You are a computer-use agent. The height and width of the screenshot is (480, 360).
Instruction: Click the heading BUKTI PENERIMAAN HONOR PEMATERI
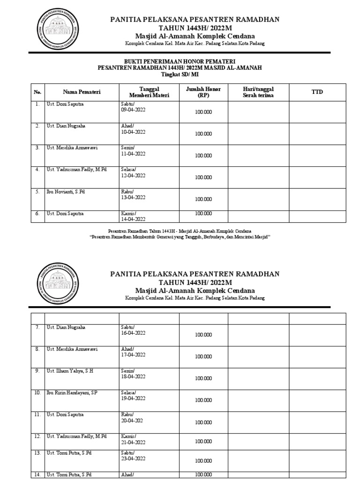click(x=180, y=61)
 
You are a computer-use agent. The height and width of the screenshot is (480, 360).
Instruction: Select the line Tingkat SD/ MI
click(x=180, y=74)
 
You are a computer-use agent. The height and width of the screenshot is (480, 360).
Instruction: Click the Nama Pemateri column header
click(x=82, y=92)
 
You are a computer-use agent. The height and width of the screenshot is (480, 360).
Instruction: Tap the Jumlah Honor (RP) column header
click(x=203, y=92)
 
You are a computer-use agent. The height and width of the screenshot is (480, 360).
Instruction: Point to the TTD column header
click(x=317, y=92)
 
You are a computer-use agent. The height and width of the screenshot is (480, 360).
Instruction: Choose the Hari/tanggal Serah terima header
click(x=258, y=92)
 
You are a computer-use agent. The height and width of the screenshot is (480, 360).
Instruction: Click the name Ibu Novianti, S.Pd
click(x=65, y=192)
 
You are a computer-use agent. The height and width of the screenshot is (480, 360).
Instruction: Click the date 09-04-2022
click(x=133, y=111)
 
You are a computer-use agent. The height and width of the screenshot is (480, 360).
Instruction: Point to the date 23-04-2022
click(x=133, y=460)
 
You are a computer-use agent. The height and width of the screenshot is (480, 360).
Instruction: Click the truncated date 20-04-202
click(x=132, y=420)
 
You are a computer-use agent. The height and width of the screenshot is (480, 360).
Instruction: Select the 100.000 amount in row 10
click(x=203, y=400)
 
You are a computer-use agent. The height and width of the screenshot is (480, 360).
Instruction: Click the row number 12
click(x=37, y=436)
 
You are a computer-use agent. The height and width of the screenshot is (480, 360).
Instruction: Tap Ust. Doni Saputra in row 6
click(x=65, y=213)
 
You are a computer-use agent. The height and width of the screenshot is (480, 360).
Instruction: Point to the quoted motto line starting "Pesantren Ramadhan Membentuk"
click(x=180, y=237)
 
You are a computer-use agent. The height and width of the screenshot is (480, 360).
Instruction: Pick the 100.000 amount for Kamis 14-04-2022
click(x=203, y=213)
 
